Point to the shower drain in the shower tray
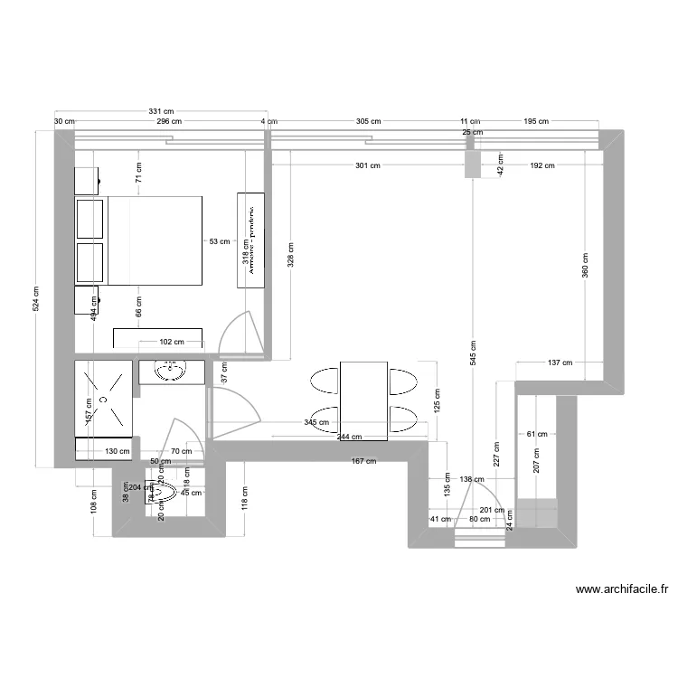tap(105, 397)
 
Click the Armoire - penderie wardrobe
tap(250, 240)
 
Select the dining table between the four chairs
tap(363, 400)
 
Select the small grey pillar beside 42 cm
tap(472, 165)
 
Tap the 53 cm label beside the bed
tap(219, 241)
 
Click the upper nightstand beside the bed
tap(88, 180)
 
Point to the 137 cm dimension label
tap(560, 363)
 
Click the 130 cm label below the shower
tap(117, 451)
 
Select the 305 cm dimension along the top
tap(368, 120)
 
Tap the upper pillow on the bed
tap(90, 218)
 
